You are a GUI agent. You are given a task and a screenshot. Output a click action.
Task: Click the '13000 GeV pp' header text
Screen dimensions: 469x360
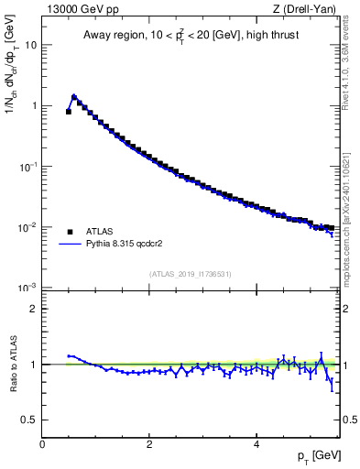point(77,10)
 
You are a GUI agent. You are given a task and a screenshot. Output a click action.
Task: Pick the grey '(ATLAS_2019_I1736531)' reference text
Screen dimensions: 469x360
point(190,274)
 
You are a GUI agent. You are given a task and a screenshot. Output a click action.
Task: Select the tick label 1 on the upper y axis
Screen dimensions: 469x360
point(34,105)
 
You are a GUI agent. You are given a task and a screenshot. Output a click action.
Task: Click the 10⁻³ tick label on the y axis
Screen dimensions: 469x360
point(29,287)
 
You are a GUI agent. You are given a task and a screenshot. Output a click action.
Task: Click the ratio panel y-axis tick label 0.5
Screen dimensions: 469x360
point(30,420)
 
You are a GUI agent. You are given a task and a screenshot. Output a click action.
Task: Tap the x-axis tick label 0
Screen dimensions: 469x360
point(42,444)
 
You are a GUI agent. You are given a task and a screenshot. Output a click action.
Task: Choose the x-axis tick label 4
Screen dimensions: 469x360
point(256,444)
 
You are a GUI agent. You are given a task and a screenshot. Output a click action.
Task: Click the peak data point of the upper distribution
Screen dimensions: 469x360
point(74,96)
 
